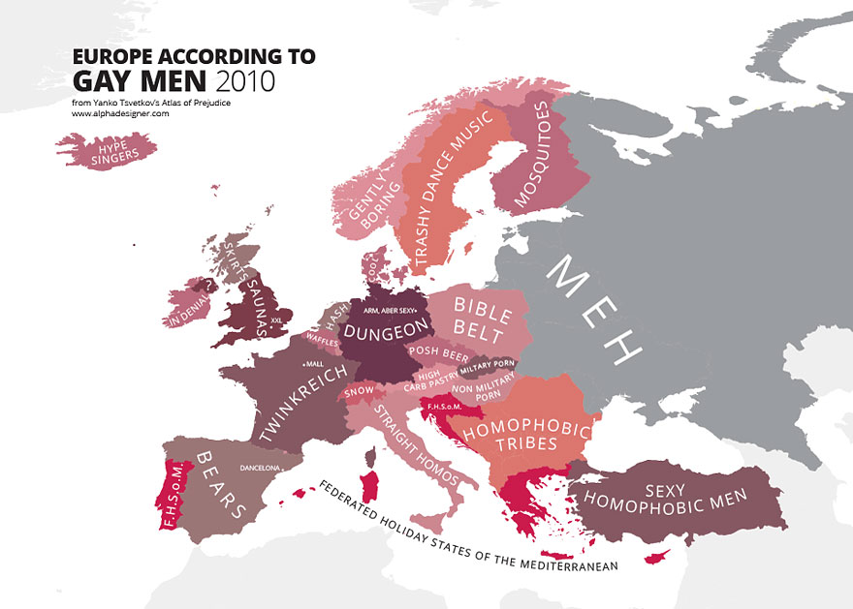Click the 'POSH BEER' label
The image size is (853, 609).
[437, 351]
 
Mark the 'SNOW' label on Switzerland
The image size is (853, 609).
[359, 391]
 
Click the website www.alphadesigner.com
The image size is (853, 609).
[120, 113]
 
